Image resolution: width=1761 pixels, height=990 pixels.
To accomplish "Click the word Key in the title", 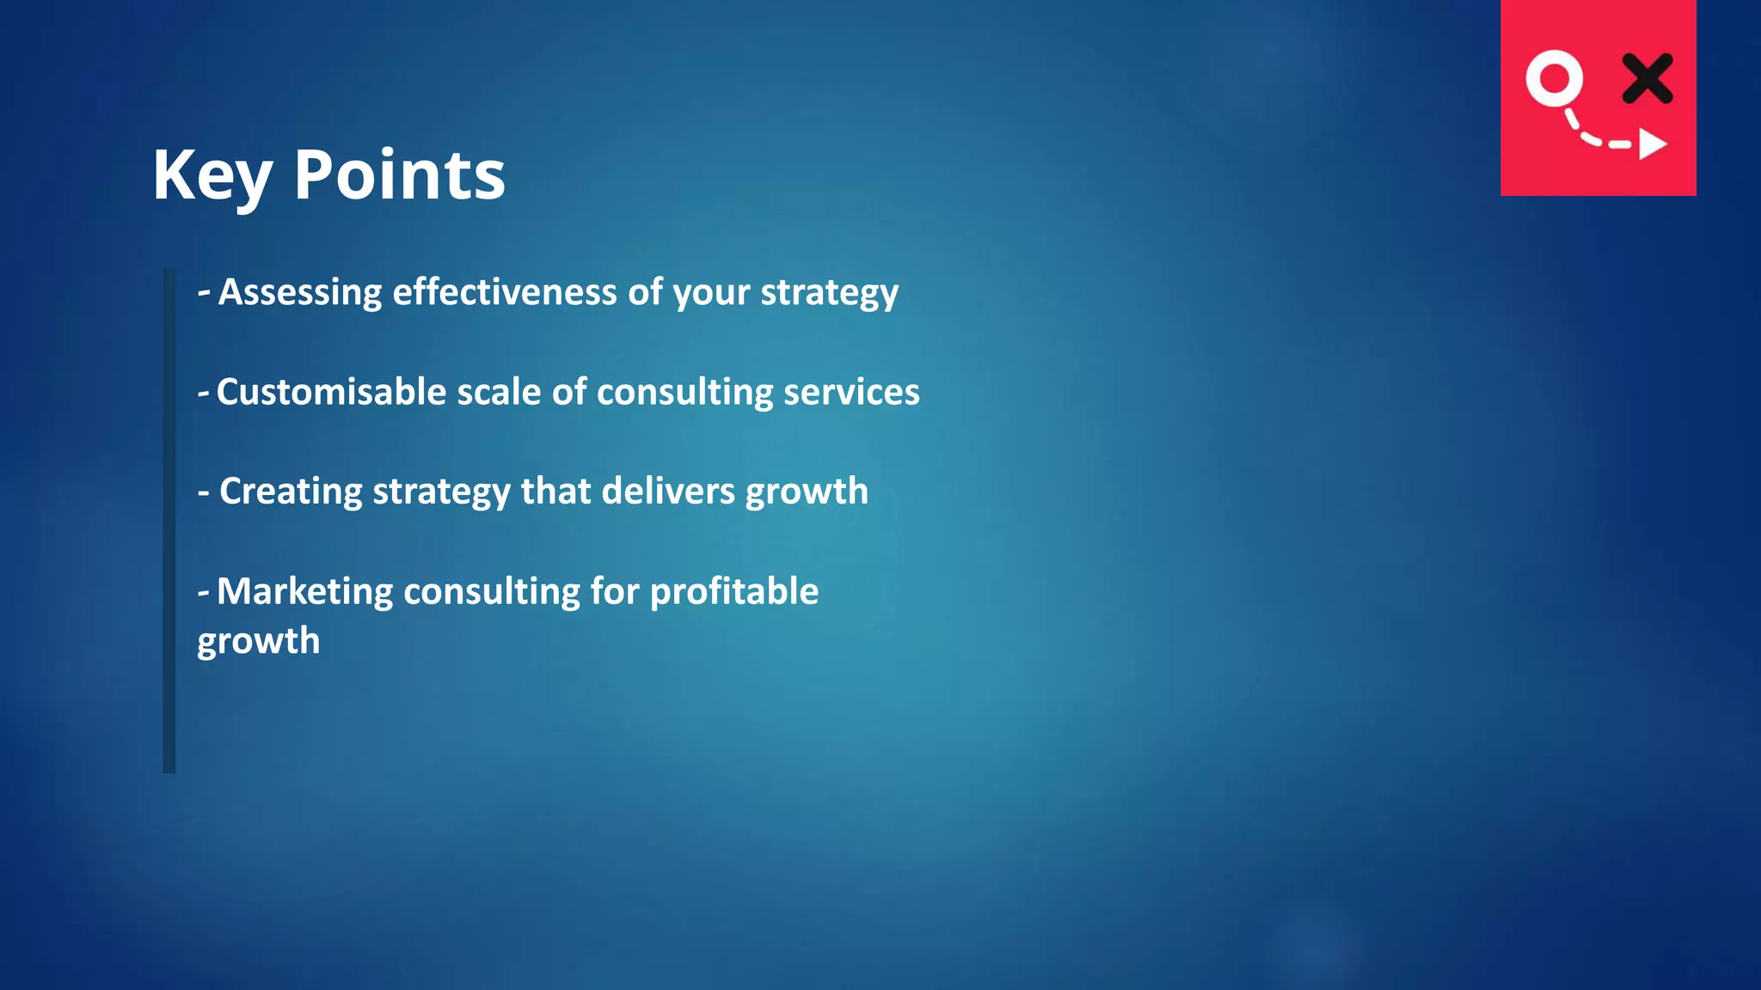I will [212, 176].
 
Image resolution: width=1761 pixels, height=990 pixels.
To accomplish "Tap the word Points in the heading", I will [400, 176].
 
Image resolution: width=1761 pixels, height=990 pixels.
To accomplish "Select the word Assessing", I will [300, 292].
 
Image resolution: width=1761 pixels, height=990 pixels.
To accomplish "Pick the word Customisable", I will [331, 392].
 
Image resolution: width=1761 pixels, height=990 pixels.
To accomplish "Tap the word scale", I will [499, 392].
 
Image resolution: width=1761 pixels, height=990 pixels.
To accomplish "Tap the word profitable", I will [734, 591].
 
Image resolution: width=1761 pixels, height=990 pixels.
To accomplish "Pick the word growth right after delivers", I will [807, 492].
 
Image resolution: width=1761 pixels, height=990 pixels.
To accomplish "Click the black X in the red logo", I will [1647, 78].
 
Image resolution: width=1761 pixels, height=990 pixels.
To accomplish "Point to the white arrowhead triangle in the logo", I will [1652, 144].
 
